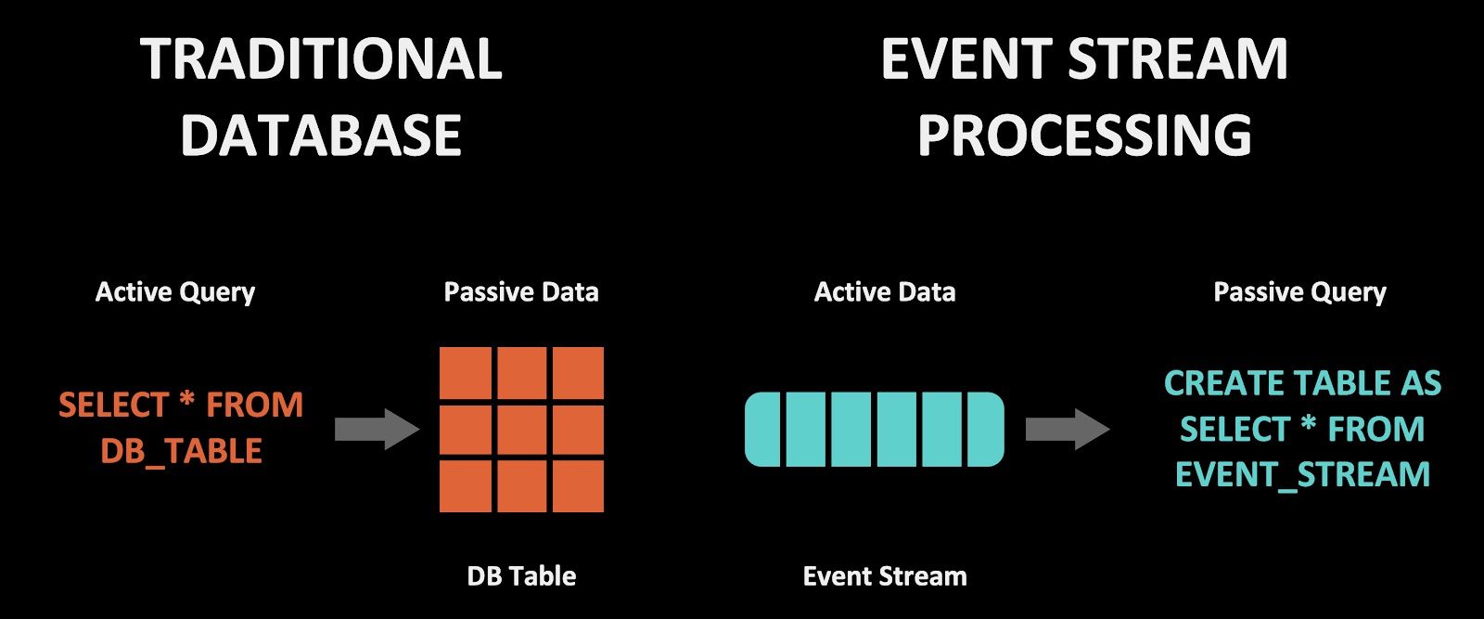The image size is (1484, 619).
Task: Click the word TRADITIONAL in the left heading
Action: click(321, 59)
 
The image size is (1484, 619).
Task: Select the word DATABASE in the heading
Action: click(321, 135)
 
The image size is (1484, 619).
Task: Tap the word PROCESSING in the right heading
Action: click(1084, 135)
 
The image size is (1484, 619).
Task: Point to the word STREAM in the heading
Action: click(1178, 59)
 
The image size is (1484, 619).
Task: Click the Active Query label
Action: click(175, 292)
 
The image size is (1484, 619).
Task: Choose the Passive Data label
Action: click(521, 292)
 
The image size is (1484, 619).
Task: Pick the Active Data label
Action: click(885, 292)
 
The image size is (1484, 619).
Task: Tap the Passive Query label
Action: click(1299, 292)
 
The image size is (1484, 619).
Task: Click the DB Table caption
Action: click(521, 576)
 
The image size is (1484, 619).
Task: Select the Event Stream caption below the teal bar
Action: click(885, 576)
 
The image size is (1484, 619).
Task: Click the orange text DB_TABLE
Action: click(182, 451)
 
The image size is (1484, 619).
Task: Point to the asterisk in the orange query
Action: click(186, 403)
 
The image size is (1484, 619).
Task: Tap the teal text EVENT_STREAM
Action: click(1302, 474)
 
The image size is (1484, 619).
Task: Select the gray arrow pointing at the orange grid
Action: click(376, 429)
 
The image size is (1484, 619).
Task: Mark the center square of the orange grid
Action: click(521, 430)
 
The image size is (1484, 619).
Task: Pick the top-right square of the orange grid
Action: click(578, 373)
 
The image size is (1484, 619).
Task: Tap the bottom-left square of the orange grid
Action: click(465, 486)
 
